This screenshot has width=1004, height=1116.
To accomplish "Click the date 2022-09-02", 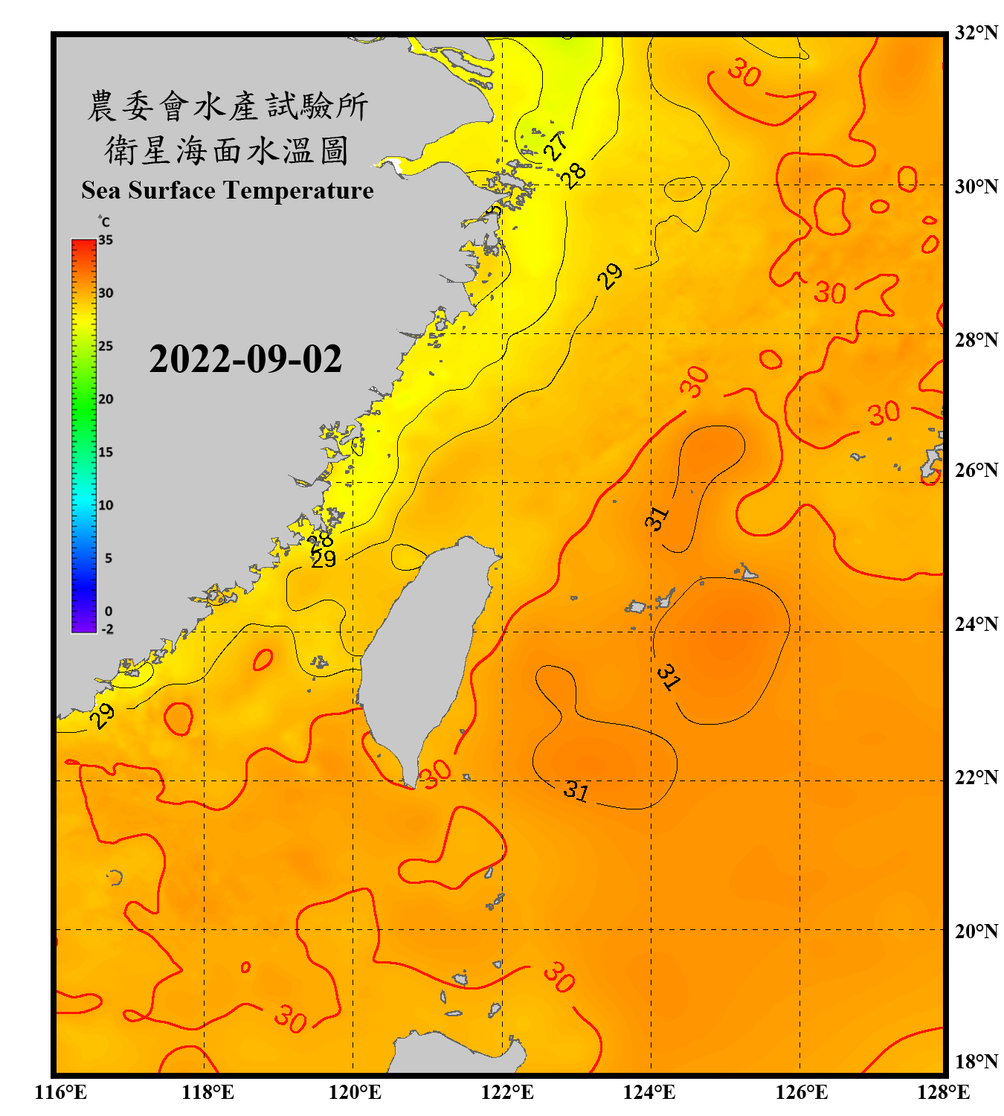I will tap(245, 359).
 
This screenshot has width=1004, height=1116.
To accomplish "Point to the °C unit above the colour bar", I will tap(103, 222).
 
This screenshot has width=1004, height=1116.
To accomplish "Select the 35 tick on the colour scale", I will tap(106, 240).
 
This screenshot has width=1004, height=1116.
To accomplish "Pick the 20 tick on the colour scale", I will tap(106, 399).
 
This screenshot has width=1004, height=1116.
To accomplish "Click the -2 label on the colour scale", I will tap(107, 629).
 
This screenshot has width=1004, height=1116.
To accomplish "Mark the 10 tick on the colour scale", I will tap(106, 505).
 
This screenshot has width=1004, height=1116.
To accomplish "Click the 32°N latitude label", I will tap(976, 33).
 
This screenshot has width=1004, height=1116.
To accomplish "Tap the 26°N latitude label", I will tap(976, 470).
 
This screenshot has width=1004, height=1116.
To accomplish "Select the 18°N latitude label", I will tap(976, 1062).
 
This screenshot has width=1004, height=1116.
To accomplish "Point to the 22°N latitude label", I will tap(976, 777).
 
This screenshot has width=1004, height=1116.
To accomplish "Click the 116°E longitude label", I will tap(60, 1092).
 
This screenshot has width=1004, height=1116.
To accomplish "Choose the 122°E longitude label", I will tap(507, 1092).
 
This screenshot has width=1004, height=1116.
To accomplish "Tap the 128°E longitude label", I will tap(943, 1092).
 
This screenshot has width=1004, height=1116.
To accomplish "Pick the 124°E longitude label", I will tap(649, 1092).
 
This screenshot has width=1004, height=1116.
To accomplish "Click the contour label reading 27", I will tap(556, 146).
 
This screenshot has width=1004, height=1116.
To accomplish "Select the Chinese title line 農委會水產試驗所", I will tap(228, 106).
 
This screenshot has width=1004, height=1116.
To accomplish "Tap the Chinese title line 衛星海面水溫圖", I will tap(228, 151).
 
